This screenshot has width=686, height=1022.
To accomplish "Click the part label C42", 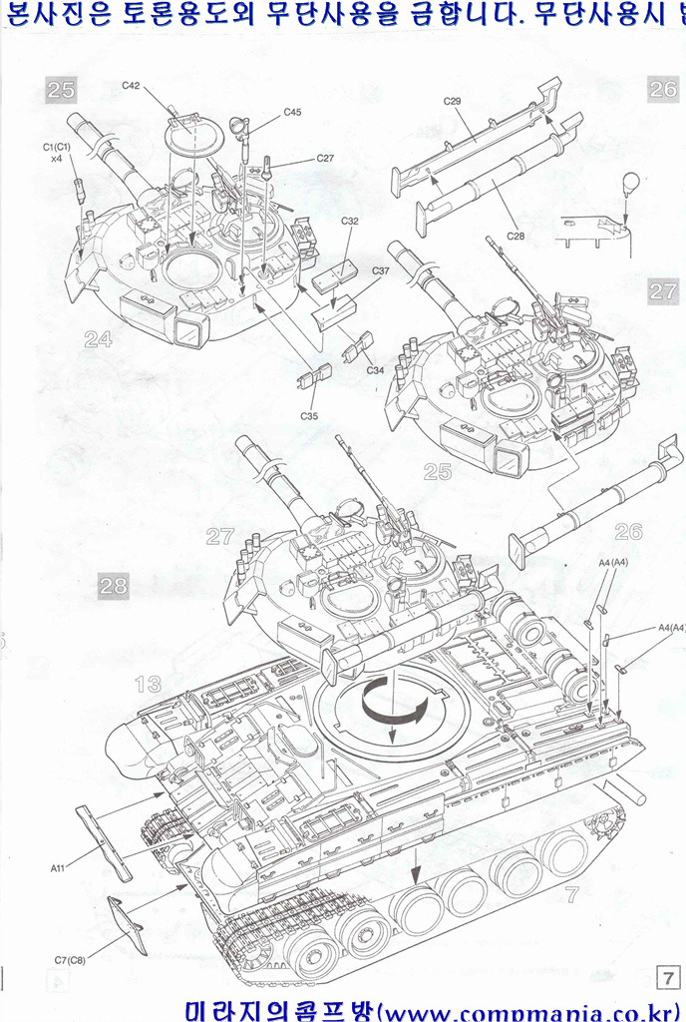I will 131,86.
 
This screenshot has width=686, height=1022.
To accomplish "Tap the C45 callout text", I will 292,112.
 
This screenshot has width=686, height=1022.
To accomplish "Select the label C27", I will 325,159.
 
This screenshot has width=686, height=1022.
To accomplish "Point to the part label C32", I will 350,221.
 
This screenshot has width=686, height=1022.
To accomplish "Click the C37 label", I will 381,271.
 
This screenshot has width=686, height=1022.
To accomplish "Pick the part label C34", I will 375,370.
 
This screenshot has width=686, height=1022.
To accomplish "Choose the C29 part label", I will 452,101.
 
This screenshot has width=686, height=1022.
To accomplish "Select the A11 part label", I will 58,867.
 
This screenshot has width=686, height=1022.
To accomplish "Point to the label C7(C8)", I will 71,960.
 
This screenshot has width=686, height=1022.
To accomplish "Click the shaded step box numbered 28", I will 114,586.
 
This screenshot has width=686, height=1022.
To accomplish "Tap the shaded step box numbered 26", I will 663,88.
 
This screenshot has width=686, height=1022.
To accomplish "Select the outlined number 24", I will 97,339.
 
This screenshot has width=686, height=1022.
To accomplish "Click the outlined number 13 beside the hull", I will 148,684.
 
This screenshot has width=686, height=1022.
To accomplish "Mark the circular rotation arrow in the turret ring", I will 393,703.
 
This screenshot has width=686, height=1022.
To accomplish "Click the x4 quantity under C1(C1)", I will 56,159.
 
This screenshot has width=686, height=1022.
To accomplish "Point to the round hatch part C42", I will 188,131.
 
